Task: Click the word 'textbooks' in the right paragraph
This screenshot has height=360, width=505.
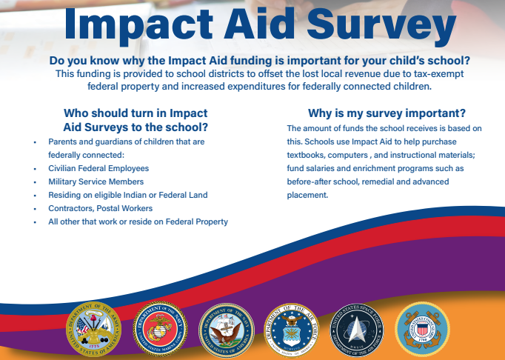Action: [x=305, y=155]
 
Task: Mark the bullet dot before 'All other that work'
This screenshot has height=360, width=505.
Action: [x=35, y=222]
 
